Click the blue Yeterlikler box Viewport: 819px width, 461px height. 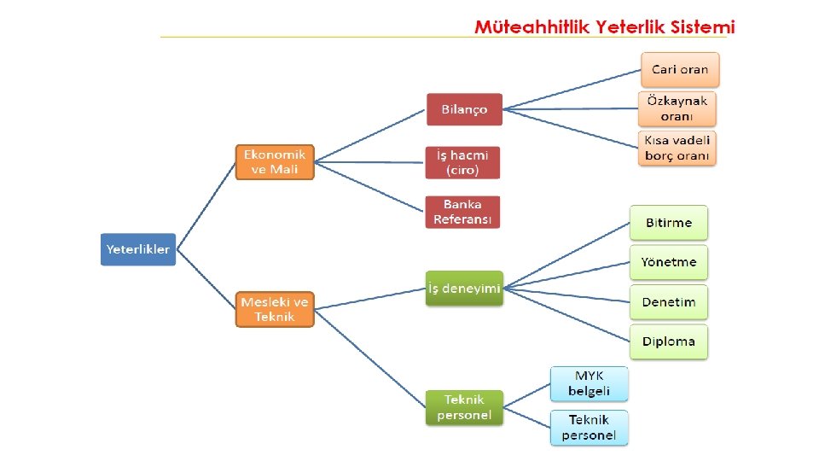click(138, 249)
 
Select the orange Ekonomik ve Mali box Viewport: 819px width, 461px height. click(275, 162)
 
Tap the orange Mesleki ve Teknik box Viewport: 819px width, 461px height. click(275, 309)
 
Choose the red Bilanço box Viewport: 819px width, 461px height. click(464, 109)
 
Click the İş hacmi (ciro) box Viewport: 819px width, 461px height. click(462, 162)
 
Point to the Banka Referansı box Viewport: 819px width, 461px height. click(462, 212)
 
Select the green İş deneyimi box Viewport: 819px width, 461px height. click(464, 289)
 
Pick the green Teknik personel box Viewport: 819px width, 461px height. click(464, 407)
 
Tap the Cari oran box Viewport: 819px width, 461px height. click(680, 69)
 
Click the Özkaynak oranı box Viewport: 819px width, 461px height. click(677, 108)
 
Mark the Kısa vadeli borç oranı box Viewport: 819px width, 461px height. click(677, 148)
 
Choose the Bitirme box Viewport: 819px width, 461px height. click(669, 223)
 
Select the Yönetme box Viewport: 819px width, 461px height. click(669, 262)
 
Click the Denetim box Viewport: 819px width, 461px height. click(669, 302)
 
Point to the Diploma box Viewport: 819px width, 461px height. click(669, 341)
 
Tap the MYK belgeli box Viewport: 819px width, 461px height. click(590, 384)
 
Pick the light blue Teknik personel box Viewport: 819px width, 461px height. click(590, 428)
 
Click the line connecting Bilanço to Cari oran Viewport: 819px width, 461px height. click(572, 90)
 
